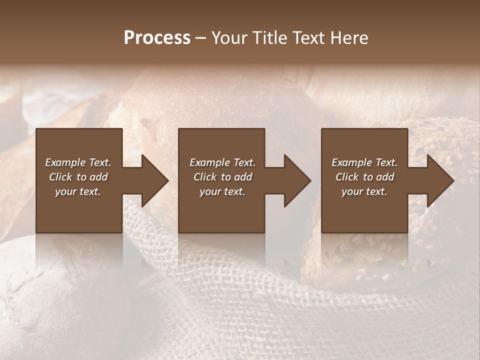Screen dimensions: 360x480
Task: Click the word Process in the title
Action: [x=157, y=38]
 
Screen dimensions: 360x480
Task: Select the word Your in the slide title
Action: [x=230, y=38]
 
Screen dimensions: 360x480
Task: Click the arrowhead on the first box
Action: [x=154, y=180]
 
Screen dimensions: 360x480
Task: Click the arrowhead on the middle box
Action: [x=296, y=180]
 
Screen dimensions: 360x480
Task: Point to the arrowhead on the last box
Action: [x=439, y=180]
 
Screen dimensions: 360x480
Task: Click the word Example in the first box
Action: [x=65, y=162]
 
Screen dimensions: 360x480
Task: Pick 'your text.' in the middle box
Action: [x=222, y=191]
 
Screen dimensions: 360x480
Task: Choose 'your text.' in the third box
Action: [x=364, y=191]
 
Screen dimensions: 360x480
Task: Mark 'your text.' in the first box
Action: [x=77, y=191]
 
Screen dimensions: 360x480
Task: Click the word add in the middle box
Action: [x=243, y=177]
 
